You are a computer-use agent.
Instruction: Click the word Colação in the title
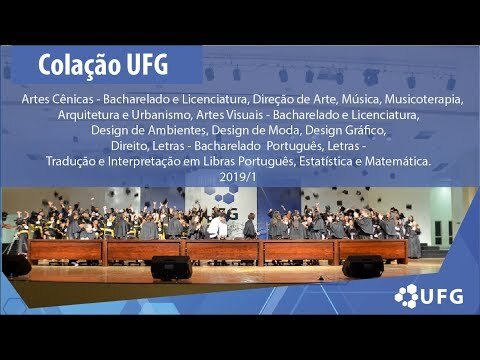(79, 65)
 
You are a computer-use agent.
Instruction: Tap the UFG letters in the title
(147, 64)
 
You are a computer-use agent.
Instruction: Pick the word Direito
(130, 146)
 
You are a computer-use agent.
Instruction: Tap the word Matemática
(398, 161)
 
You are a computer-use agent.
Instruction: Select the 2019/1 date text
(238, 177)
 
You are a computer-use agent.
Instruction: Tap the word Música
(361, 99)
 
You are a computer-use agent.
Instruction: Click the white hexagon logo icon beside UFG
(406, 296)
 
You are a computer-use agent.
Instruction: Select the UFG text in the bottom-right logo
(442, 296)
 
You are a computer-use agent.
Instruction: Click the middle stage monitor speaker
(171, 268)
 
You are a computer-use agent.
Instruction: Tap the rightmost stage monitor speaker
(363, 267)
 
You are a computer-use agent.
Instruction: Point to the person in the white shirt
(217, 226)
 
